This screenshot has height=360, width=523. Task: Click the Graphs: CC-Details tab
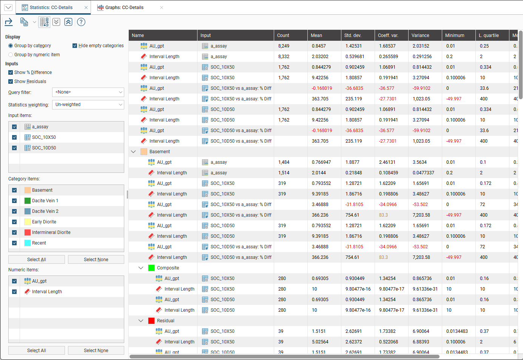coord(124,8)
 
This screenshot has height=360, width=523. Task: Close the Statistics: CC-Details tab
coord(86,8)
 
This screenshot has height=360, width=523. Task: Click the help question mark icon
coord(81,22)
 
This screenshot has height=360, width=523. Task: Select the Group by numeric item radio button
coord(11,55)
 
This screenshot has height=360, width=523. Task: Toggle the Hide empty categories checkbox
coord(75,46)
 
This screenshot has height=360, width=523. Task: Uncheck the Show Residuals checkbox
coord(11,82)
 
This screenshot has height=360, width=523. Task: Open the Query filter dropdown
coord(88,92)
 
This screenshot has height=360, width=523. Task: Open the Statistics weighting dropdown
coord(88,105)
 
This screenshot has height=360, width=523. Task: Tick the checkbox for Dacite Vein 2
coord(14,211)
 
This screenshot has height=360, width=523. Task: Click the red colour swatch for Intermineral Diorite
coord(28,232)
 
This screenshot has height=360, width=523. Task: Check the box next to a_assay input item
coord(14,127)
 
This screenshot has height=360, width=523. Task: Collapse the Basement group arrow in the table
coord(133,152)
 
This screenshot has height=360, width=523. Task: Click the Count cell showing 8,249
coord(284,46)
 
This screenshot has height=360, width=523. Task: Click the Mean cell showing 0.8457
coord(319,46)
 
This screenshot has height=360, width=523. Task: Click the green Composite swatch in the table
coord(151,268)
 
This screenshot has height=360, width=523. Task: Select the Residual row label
coord(165,321)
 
